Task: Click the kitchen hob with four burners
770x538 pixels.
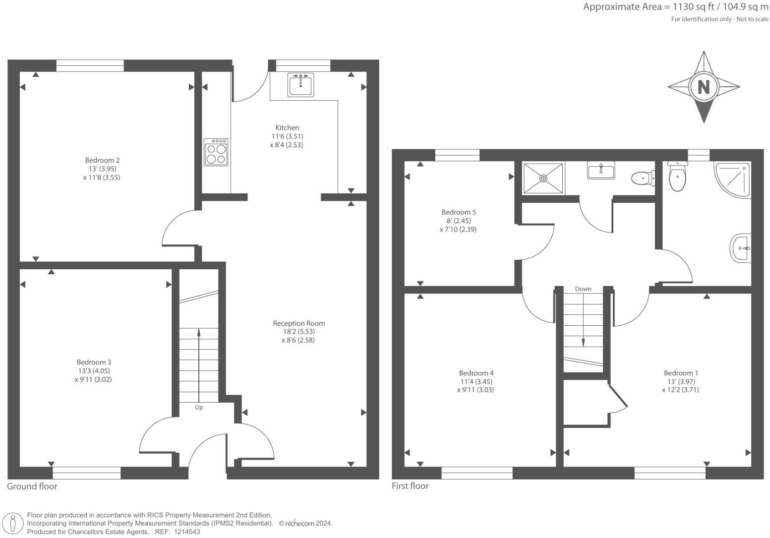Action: [x=216, y=152]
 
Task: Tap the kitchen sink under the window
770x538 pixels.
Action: [x=300, y=84]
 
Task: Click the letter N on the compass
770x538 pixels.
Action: [x=704, y=87]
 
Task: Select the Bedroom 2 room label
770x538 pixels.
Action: [x=102, y=160]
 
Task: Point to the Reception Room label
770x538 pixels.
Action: [x=298, y=323]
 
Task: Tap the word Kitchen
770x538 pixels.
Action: [x=287, y=127]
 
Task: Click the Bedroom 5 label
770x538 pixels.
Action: [x=459, y=212]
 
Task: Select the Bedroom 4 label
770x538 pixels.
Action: [x=476, y=373]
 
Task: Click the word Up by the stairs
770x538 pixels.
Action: [x=199, y=408]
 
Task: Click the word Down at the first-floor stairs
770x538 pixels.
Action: [x=583, y=289]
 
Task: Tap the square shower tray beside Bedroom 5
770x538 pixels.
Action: [x=543, y=178]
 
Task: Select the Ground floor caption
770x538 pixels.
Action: [x=32, y=486]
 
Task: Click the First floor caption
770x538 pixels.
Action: [x=410, y=486]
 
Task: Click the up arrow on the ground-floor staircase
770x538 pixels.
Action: [x=199, y=333]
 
